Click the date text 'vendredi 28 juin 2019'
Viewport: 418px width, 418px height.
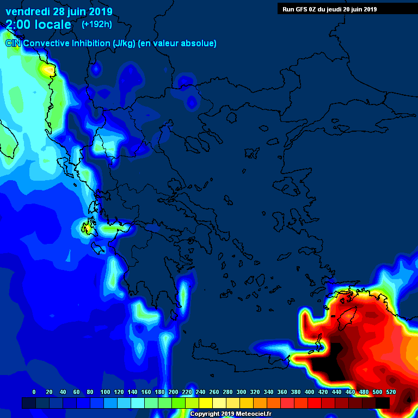coord(59,11)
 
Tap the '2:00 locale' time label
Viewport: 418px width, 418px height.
coord(38,24)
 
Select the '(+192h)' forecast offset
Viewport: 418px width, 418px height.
coord(97,24)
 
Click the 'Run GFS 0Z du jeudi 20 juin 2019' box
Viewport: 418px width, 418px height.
coord(329,9)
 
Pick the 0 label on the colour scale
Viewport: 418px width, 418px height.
coord(34,392)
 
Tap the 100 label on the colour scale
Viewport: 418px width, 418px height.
coord(105,392)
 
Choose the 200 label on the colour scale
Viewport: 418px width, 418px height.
coord(173,392)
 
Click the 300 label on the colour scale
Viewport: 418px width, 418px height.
coord(241,392)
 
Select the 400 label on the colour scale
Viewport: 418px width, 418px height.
coord(309,392)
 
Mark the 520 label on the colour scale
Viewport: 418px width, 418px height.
coord(390,392)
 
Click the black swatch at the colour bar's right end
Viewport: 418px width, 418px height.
coord(383,403)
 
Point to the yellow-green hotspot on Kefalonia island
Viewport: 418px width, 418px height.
coord(86,228)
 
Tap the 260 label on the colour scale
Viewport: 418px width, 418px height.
coord(214,392)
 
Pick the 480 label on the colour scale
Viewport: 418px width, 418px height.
coord(364,392)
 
